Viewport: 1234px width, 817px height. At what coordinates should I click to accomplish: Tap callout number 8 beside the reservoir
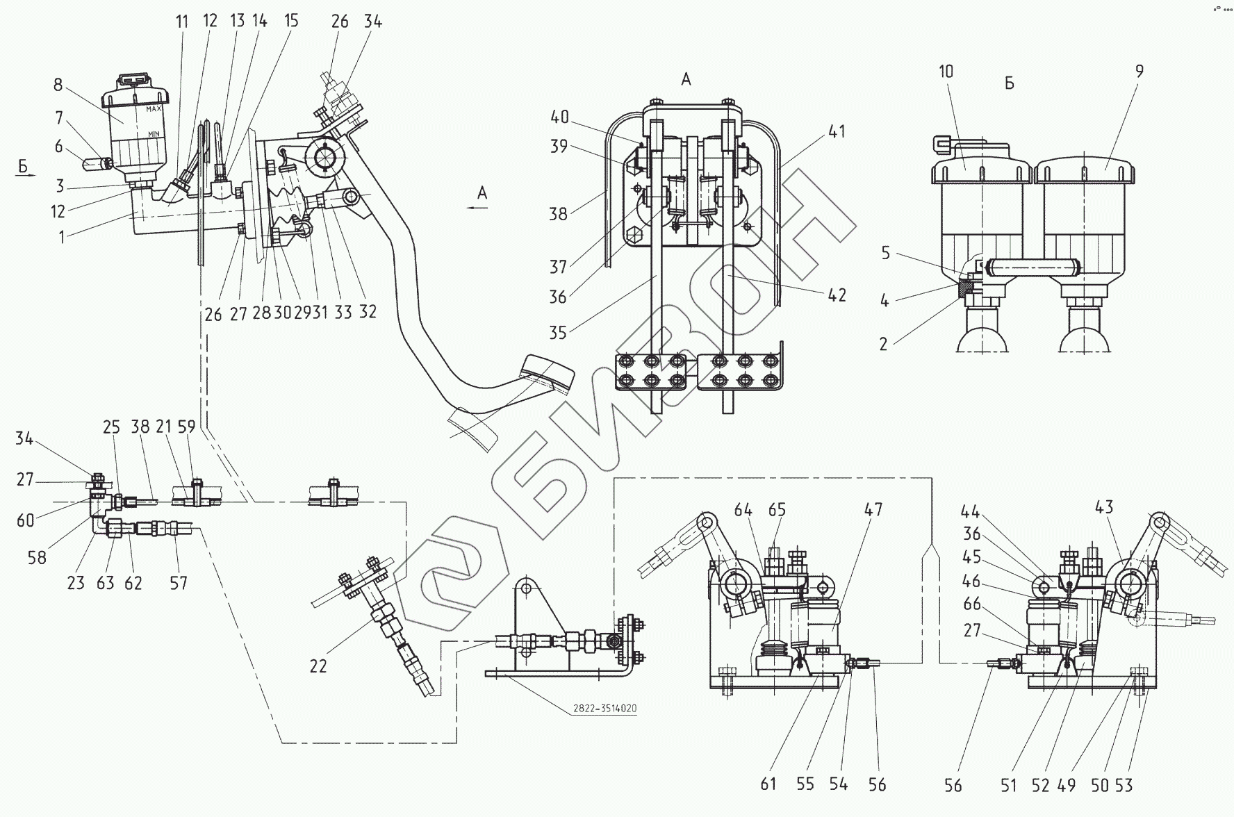pyautogui.click(x=58, y=85)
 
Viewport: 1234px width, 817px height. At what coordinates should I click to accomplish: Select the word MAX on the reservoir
pyautogui.click(x=154, y=109)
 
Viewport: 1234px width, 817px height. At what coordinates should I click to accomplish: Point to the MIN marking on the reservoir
pyautogui.click(x=154, y=133)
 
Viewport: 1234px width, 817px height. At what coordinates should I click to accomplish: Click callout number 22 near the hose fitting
pyautogui.click(x=318, y=666)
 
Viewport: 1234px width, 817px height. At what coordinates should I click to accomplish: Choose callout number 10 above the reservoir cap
pyautogui.click(x=946, y=71)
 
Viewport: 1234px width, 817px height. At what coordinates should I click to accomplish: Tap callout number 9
pyautogui.click(x=1138, y=71)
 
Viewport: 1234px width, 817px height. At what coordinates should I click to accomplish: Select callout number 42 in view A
pyautogui.click(x=837, y=295)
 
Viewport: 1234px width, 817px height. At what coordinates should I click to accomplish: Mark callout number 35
pyautogui.click(x=558, y=332)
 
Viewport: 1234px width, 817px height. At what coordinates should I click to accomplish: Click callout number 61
pyautogui.click(x=768, y=784)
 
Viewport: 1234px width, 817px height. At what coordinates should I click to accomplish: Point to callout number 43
pyautogui.click(x=1104, y=507)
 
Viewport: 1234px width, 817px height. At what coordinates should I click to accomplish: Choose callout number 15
pyautogui.click(x=291, y=21)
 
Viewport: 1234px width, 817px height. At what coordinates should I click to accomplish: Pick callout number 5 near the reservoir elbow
pyautogui.click(x=885, y=253)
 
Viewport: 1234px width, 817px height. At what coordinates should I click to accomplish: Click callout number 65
pyautogui.click(x=777, y=510)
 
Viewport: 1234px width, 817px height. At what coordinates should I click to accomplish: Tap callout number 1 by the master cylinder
pyautogui.click(x=62, y=237)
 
